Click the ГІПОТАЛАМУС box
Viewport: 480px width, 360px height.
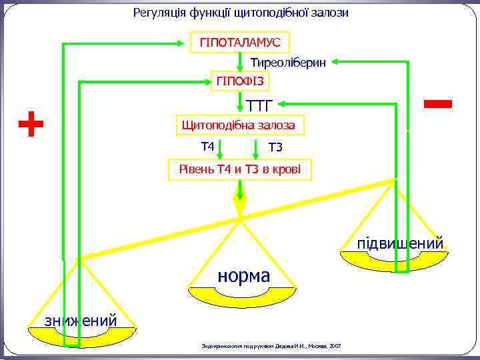240,43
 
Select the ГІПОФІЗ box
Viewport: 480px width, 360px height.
240,81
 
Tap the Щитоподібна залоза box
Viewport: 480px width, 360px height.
239,125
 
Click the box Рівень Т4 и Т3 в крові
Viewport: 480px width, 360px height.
239,169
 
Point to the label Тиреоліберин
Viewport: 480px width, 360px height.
288,63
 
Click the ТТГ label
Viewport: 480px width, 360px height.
260,105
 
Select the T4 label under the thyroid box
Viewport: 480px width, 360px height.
207,146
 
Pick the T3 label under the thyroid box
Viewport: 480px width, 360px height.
275,147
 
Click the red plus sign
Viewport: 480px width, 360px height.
31,125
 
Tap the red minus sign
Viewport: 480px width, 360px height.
437,103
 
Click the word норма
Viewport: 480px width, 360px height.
243,275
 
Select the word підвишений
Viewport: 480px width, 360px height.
400,244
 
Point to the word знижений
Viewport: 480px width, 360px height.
81,321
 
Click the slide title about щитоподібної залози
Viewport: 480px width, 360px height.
241,13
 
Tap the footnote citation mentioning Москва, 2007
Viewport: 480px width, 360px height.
271,346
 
